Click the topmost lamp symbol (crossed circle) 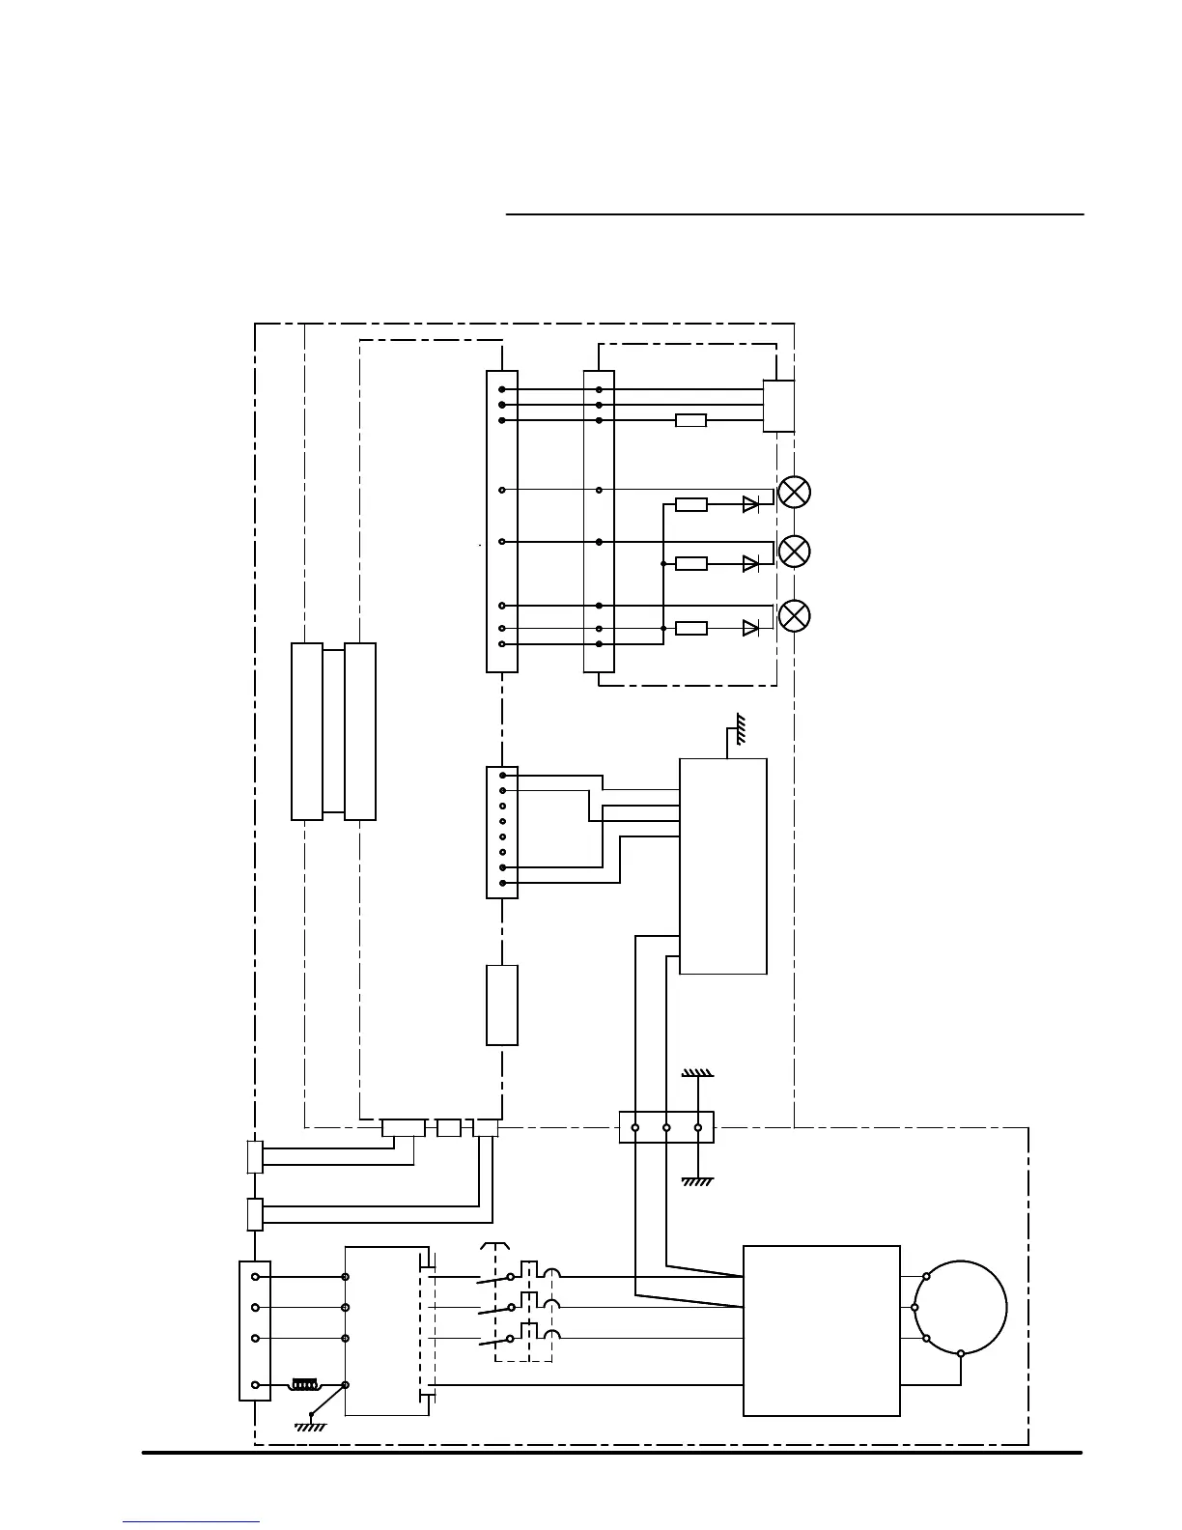[794, 492]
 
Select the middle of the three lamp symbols [794, 552]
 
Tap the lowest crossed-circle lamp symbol [794, 615]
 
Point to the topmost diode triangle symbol [750, 504]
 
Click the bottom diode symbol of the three [750, 628]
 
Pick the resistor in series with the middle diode [691, 563]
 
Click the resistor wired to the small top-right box [690, 420]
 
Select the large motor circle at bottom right [960, 1308]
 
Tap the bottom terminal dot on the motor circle [960, 1353]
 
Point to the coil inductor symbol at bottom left [305, 1385]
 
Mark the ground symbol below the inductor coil [311, 1425]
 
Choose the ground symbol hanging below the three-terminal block [697, 1179]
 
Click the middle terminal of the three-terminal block [666, 1127]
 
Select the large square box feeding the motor [821, 1330]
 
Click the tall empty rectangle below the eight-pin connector [502, 1005]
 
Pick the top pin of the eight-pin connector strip [502, 775]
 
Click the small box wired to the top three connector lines [778, 406]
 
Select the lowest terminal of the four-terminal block [255, 1385]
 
